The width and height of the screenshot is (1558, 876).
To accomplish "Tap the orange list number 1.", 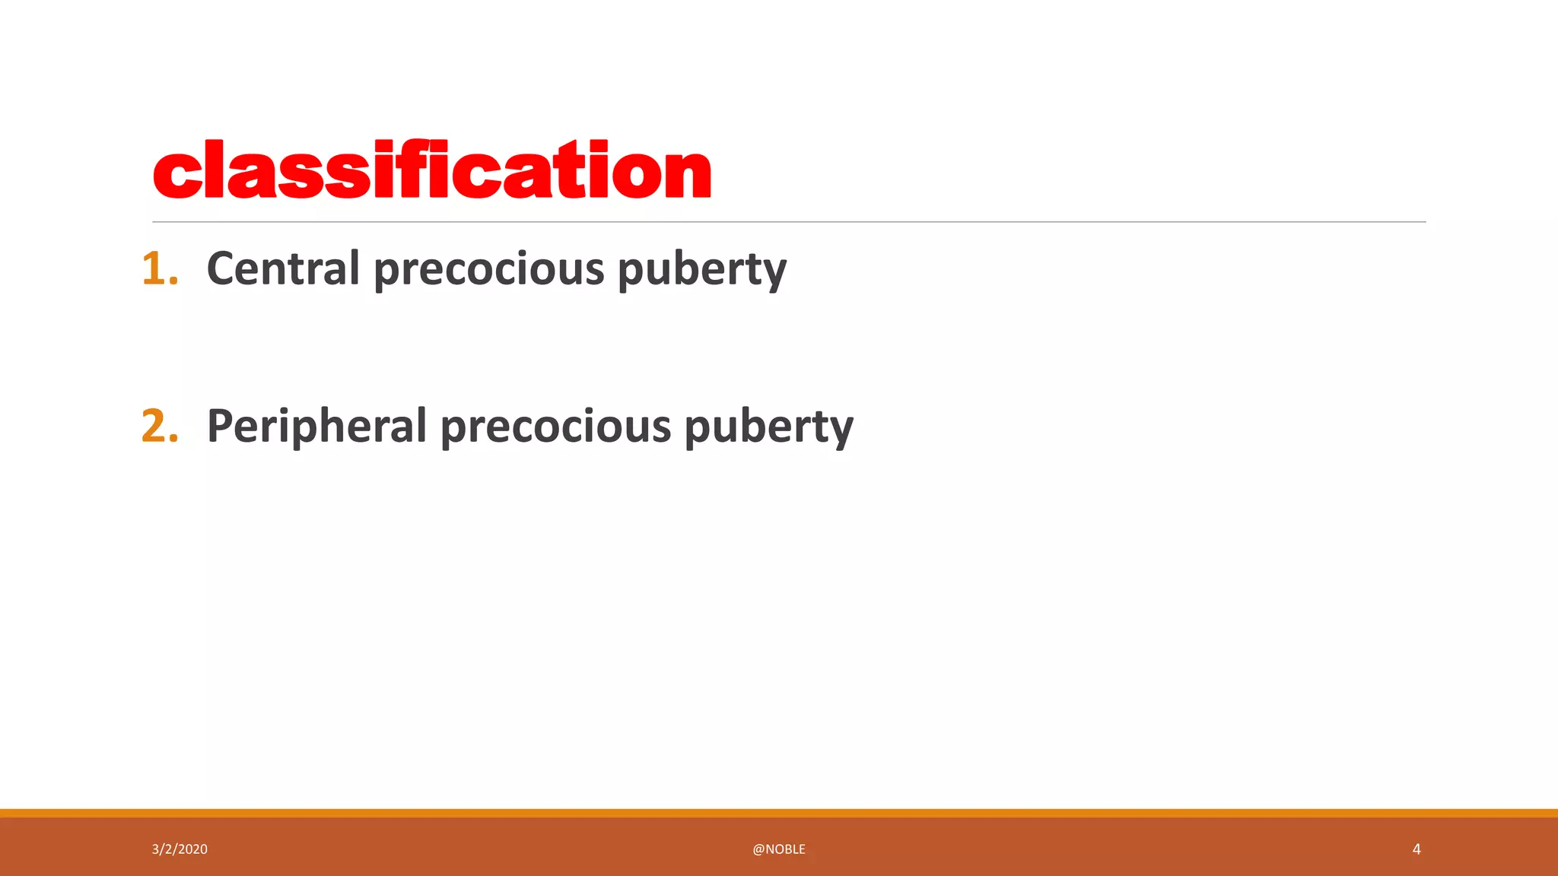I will coord(160,269).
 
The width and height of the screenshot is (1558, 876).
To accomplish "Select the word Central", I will coord(283,269).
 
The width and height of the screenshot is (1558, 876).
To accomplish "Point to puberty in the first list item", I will coord(701,271).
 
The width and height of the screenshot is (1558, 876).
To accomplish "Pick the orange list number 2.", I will coord(160,426).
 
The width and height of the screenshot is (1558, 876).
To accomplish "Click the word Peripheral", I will coord(316,426).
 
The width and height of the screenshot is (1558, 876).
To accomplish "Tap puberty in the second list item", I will coord(768,427).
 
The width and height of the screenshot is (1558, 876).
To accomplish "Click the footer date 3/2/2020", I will coord(180,849).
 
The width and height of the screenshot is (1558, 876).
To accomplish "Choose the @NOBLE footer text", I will coord(779,849).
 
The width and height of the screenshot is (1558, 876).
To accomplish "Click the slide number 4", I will coord(1417,849).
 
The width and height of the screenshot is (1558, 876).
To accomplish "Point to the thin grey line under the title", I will coord(789,222).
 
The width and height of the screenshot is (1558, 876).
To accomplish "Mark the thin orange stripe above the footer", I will coord(779,813).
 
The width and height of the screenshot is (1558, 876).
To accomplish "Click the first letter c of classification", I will coord(176,174).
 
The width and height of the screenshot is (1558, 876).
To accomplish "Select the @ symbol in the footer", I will coord(758,849).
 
